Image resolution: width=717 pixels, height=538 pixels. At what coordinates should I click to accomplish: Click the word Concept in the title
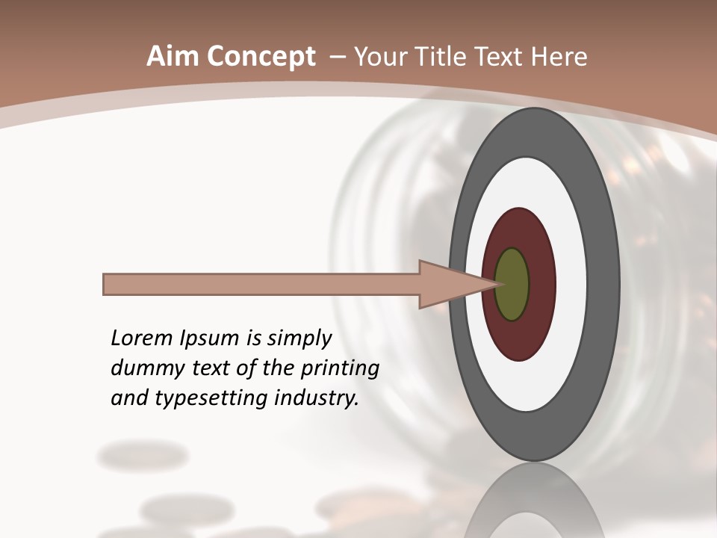pos(261,57)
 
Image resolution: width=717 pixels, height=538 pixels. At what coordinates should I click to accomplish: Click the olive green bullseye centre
pos(512,285)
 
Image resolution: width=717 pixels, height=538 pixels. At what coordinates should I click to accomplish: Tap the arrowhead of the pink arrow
pos(448,285)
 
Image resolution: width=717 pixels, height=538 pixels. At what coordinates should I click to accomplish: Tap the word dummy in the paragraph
pos(143,369)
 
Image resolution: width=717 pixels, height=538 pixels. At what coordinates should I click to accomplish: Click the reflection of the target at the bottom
pos(535,504)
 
